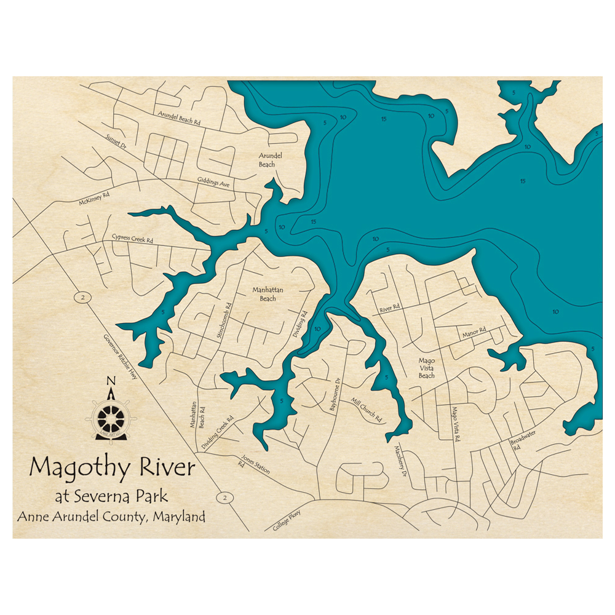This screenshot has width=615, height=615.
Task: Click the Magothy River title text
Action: tap(112, 468)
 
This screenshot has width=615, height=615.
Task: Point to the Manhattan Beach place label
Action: tap(264, 294)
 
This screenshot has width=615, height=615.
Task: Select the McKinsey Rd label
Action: tap(93, 197)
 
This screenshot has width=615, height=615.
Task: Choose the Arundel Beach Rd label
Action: tap(179, 118)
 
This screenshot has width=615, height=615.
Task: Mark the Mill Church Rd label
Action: tap(367, 410)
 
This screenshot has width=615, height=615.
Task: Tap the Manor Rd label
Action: tap(474, 332)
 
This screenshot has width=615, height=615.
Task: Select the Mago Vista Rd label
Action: tap(456, 424)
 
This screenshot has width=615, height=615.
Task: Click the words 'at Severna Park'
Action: tap(111, 496)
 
